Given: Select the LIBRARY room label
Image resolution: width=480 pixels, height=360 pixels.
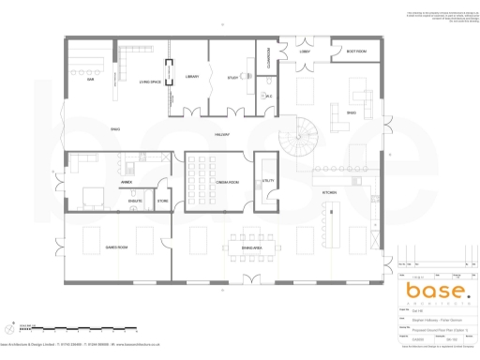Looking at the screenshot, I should coord(191,77).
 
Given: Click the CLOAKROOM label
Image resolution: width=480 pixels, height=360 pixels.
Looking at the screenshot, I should coord(268,58).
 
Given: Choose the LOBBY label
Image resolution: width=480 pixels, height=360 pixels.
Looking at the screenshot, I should coord(305,51).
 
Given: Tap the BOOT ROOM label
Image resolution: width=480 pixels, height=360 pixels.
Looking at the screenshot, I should coord(355,51).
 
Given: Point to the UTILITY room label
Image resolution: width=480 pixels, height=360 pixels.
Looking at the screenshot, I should coord(267,181).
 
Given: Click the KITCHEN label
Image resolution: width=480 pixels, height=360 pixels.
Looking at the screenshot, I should coord(329,192).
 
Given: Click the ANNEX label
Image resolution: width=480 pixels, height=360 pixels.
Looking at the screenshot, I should coord(126,182).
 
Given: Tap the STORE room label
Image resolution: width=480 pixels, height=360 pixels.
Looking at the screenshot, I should coord(161,201).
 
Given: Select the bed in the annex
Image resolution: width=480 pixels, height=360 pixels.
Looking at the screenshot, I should coord(93,198).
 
